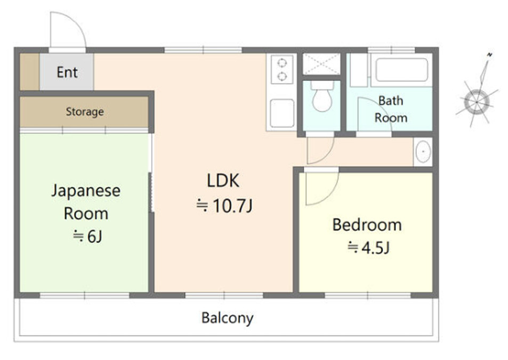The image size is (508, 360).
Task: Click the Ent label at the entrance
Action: (x=67, y=72)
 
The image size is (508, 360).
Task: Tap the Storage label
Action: (x=85, y=112)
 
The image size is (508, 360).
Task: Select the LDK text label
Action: (x=223, y=181)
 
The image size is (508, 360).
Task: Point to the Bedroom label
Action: (x=367, y=225)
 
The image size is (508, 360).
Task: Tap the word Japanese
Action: (x=86, y=191)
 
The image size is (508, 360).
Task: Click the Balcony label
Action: (x=227, y=318)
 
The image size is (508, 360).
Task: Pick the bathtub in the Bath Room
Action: (x=401, y=70)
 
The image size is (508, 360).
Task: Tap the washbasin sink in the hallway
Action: (x=423, y=152)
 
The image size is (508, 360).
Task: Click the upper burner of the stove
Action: (x=282, y=62)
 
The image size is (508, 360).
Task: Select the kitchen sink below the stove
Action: (x=282, y=113)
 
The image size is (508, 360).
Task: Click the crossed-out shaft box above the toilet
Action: (x=321, y=64)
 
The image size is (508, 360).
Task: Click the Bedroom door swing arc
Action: (x=330, y=194)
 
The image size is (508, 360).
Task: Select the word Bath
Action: (x=391, y=101)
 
